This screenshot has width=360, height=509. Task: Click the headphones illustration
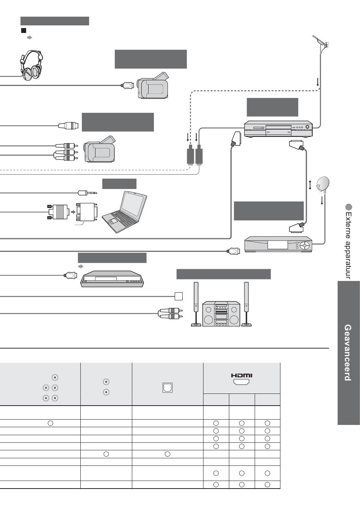[x=31, y=65]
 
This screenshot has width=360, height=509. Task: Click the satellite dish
[x=323, y=184]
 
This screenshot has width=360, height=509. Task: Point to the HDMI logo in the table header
[x=241, y=376]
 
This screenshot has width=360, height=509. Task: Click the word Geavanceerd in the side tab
[x=347, y=352]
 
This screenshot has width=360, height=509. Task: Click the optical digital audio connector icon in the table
[x=167, y=387]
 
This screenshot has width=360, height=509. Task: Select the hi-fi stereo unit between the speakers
[x=221, y=314]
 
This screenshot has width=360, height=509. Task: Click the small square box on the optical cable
[x=178, y=296]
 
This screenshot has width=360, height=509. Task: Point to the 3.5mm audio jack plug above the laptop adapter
[x=86, y=192]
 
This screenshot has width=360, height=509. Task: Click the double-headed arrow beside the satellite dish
[x=310, y=185]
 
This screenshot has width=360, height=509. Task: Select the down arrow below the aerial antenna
[x=318, y=81]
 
